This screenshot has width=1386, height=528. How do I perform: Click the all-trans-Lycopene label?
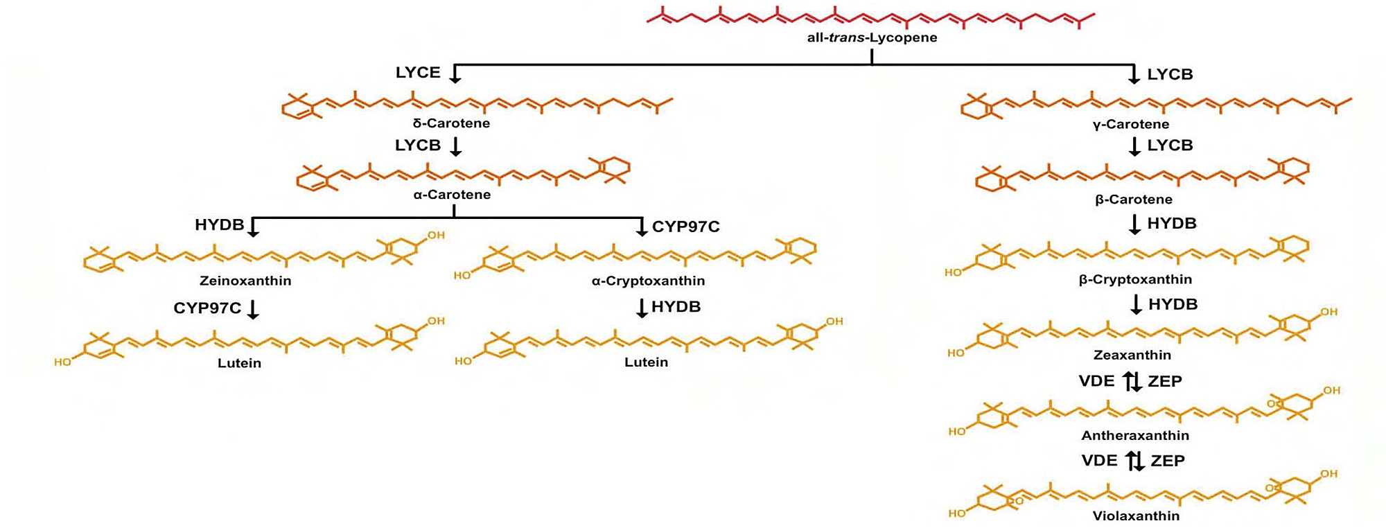(x=872, y=38)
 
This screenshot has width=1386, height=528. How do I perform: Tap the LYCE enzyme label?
(x=418, y=73)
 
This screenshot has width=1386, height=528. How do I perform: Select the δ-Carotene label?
(x=451, y=123)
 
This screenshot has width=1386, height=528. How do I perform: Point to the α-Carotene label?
(x=452, y=195)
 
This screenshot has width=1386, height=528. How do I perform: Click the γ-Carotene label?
(x=1131, y=125)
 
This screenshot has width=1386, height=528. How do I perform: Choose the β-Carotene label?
(x=1134, y=200)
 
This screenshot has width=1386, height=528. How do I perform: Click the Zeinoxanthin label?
(x=245, y=281)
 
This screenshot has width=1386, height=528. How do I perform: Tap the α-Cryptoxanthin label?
(x=648, y=281)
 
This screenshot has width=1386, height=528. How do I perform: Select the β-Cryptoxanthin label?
(x=1135, y=279)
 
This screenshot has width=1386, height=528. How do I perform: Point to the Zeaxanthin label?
(x=1132, y=355)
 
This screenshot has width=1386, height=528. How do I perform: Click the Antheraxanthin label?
(x=1135, y=435)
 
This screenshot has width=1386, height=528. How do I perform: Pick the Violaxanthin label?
(x=1136, y=516)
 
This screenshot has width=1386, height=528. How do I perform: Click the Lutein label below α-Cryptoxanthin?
(x=646, y=362)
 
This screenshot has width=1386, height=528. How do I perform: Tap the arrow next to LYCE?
(x=455, y=73)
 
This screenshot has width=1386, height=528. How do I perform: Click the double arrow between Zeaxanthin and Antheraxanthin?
(x=1132, y=381)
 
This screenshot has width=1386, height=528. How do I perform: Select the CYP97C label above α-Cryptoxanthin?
(x=685, y=227)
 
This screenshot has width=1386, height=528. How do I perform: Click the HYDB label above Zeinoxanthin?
(x=219, y=225)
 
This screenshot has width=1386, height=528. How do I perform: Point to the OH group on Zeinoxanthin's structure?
(x=436, y=236)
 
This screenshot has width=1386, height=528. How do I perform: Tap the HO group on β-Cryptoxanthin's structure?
(x=953, y=272)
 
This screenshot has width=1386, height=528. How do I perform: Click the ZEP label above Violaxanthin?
(x=1168, y=461)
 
